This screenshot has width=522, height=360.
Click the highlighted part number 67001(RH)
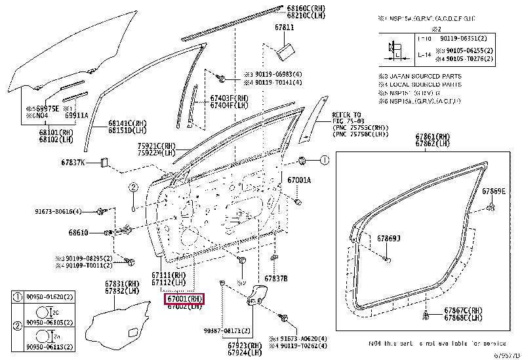click(x=184, y=299)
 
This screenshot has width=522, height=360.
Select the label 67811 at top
click(x=284, y=29)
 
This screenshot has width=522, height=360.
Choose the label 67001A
click(x=299, y=180)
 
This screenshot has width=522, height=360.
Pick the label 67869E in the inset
click(x=494, y=191)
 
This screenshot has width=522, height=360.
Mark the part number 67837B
click(x=275, y=278)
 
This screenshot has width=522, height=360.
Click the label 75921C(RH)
click(x=157, y=146)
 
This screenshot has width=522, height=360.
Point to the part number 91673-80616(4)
click(x=58, y=212)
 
